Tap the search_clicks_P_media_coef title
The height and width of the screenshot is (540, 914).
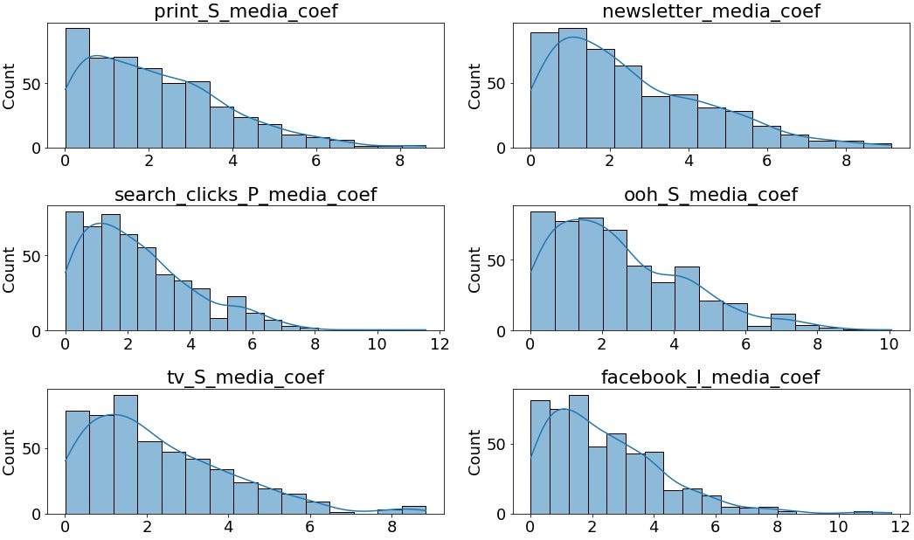246,194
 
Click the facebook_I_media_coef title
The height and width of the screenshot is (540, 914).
711,377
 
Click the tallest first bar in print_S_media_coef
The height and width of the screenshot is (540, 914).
77,88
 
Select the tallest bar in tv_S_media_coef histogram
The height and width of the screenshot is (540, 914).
126,455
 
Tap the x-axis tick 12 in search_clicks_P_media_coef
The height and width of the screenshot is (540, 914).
439,343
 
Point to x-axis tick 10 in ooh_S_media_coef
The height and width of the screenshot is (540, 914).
888,343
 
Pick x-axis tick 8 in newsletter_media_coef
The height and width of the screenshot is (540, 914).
846,161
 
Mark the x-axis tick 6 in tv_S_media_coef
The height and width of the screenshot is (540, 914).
309,527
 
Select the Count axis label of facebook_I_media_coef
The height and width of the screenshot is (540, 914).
475,452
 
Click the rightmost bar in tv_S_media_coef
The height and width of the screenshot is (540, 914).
414,510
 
